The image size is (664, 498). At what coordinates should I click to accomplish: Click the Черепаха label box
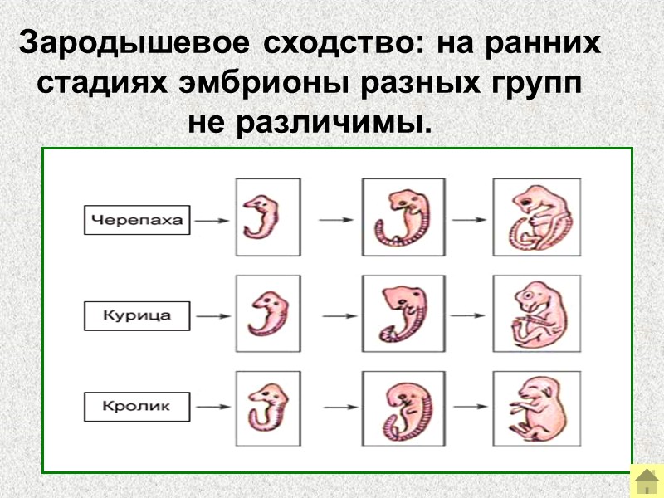click(138, 221)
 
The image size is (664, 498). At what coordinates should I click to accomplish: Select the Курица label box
click(138, 315)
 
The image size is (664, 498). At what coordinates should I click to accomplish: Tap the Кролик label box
click(138, 408)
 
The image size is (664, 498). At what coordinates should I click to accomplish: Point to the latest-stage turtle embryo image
click(536, 219)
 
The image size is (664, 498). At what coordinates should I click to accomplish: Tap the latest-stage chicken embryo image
click(536, 315)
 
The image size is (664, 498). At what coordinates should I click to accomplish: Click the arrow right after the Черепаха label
click(212, 221)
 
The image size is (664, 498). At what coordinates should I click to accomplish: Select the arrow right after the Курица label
click(212, 315)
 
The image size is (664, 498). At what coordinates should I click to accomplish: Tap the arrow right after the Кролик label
click(212, 408)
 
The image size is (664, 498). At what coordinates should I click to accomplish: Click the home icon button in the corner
click(646, 481)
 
